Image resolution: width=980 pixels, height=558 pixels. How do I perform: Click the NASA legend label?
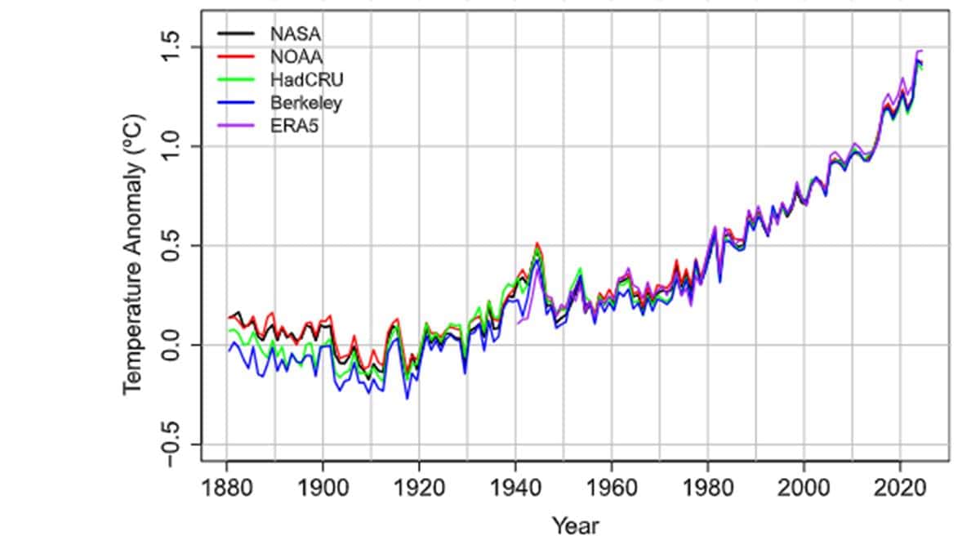tap(296, 34)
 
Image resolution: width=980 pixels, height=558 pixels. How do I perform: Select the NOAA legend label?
tap(296, 57)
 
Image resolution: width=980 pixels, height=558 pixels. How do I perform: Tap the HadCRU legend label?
tap(307, 79)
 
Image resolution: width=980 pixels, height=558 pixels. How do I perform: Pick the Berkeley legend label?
tap(305, 103)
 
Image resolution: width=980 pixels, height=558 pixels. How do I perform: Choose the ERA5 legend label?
tap(295, 126)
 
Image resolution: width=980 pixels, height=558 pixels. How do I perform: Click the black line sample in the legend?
tap(236, 33)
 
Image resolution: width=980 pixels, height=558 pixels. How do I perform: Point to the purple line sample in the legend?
tap(236, 126)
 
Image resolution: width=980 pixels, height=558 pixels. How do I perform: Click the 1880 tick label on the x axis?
tap(227, 487)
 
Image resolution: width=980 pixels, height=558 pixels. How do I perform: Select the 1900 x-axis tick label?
tap(323, 487)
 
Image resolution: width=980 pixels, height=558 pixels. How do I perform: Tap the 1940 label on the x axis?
tap(515, 487)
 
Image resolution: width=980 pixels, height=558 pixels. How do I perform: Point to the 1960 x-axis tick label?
tap(612, 487)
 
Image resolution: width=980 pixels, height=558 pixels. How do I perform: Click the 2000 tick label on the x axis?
tap(804, 487)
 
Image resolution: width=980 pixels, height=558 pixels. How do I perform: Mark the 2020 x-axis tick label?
tap(900, 487)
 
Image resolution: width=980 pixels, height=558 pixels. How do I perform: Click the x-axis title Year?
tap(575, 526)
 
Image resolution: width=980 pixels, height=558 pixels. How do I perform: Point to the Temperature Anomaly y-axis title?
tap(133, 255)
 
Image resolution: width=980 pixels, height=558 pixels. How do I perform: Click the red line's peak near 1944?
tap(537, 243)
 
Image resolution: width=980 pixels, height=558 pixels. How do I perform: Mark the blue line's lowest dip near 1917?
tap(408, 398)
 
